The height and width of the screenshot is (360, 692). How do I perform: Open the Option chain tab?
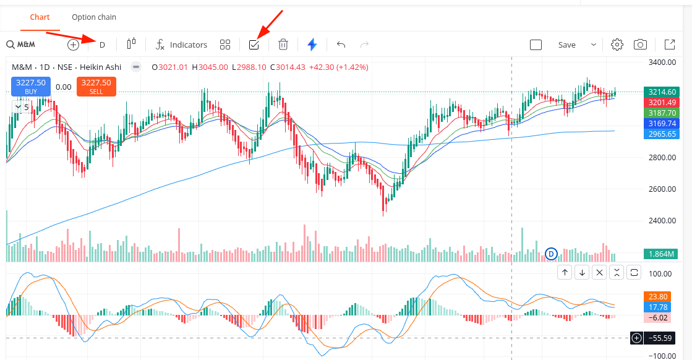pyautogui.click(x=93, y=17)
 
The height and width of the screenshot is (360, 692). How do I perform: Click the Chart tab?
pyautogui.click(x=40, y=17)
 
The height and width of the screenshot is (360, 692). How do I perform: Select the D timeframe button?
pyautogui.click(x=103, y=45)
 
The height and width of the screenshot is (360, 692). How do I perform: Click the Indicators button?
pyautogui.click(x=181, y=45)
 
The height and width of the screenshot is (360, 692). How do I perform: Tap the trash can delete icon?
pyautogui.click(x=283, y=45)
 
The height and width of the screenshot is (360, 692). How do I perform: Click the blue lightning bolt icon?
pyautogui.click(x=312, y=45)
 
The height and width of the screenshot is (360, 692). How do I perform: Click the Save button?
pyautogui.click(x=566, y=45)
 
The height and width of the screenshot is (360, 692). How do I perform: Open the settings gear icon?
pyautogui.click(x=617, y=45)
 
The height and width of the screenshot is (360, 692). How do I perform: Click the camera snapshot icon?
pyautogui.click(x=641, y=45)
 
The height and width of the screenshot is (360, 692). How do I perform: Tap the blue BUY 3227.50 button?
pyautogui.click(x=31, y=87)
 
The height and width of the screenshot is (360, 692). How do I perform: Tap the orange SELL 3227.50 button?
pyautogui.click(x=96, y=87)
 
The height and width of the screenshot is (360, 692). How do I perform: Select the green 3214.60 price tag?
pyautogui.click(x=662, y=92)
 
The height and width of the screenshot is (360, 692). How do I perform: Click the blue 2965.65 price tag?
pyautogui.click(x=662, y=134)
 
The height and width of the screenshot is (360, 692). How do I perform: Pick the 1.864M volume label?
pyautogui.click(x=662, y=254)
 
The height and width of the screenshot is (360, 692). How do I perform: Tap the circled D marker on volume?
pyautogui.click(x=552, y=253)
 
